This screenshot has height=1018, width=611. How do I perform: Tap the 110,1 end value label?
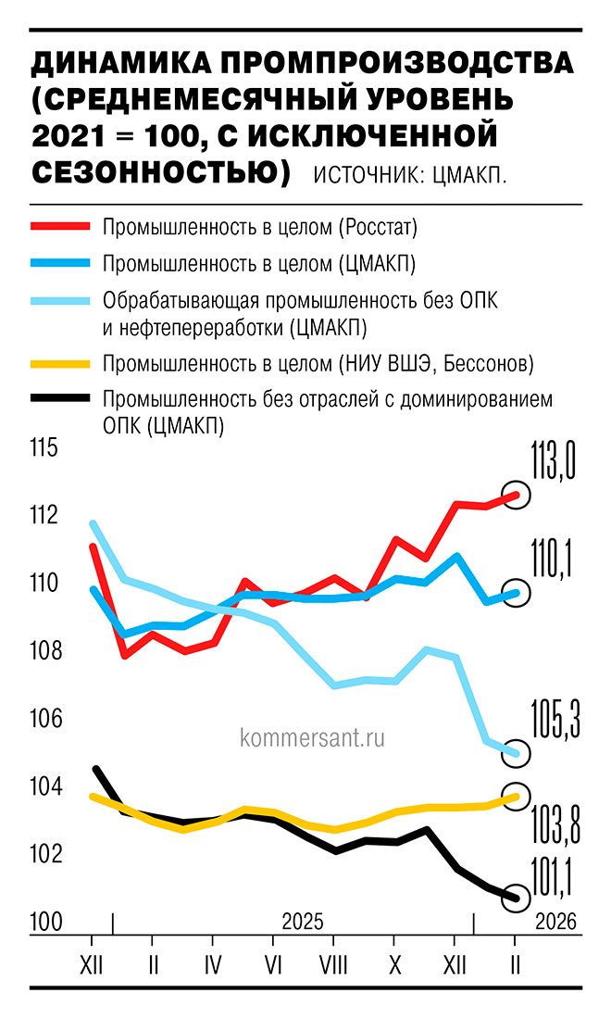pos(552,559)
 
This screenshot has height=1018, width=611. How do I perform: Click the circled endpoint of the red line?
pos(517,496)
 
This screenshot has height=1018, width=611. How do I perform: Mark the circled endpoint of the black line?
pos(517,897)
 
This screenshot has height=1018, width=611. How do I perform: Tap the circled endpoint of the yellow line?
pos(517,797)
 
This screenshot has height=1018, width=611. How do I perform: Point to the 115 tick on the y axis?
pos(44,448)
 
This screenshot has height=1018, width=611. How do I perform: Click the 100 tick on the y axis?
pos(44,923)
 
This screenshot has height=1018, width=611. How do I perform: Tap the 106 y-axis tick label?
pos(44,719)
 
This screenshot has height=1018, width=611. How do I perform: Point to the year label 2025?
pos(302,923)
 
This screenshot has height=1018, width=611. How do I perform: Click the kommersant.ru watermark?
pos(311,738)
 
